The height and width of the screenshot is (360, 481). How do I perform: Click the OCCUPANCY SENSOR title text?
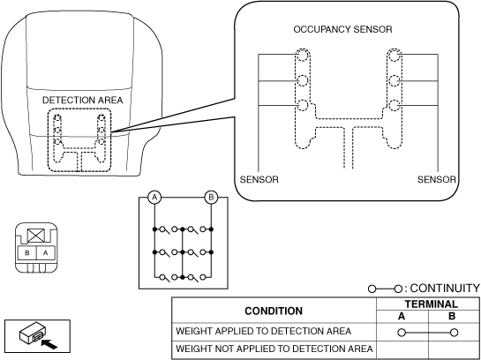342,29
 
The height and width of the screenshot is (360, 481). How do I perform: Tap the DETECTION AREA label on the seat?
82,101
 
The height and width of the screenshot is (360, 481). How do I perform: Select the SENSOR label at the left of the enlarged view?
259,179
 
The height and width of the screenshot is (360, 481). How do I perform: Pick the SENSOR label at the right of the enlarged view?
437,179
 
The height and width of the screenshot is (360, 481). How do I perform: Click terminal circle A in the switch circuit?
154,197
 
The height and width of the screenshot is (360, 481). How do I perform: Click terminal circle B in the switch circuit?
211,197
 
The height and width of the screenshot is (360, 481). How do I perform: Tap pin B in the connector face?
27,253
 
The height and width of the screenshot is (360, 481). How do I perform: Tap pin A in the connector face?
46,253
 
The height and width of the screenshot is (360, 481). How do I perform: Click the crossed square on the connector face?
36,236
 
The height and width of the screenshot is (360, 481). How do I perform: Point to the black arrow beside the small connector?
49,344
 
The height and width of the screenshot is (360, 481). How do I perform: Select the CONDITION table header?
274,311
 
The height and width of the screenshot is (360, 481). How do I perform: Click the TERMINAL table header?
431,304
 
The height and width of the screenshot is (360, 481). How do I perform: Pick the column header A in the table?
402,316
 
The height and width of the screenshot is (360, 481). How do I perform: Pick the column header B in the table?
452,316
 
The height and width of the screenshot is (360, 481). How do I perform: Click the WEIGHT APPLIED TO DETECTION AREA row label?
263,331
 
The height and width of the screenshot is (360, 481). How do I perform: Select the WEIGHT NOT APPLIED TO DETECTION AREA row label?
274,349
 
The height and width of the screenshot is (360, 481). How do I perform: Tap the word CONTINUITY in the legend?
445,289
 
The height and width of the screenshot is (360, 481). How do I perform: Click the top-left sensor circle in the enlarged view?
302,56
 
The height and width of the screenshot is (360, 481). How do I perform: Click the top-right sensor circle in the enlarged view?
395,56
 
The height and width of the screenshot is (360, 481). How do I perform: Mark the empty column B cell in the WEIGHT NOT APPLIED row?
454,349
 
